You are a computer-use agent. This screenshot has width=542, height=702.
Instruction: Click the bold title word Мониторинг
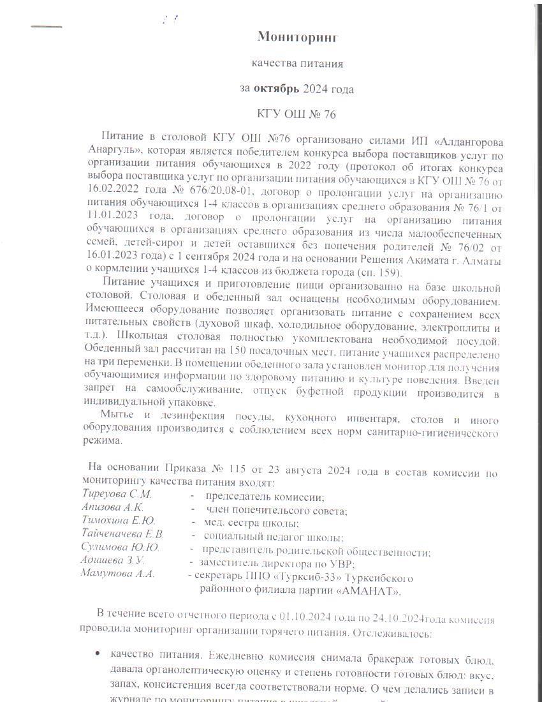pyautogui.click(x=297, y=37)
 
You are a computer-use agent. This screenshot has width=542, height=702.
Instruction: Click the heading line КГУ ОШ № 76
pyautogui.click(x=297, y=115)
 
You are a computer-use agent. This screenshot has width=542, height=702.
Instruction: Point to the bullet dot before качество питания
pyautogui.click(x=96, y=653)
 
